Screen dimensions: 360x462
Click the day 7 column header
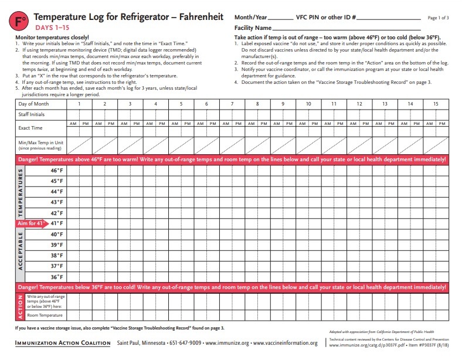pyautogui.click(x=232, y=104)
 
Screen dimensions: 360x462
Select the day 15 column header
pyautogui.click(x=435, y=104)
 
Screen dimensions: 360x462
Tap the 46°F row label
pyautogui.click(x=57, y=170)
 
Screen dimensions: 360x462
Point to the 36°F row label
pyautogui.click(x=57, y=277)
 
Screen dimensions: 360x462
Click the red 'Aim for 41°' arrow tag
pyautogui.click(x=31, y=223)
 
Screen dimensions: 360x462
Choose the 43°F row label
pyautogui.click(x=57, y=202)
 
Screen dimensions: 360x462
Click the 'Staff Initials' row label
pyautogui.click(x=31, y=114)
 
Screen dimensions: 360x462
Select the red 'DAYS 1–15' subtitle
pyautogui.click(x=51, y=28)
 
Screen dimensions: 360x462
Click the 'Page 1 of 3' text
pyautogui.click(x=439, y=18)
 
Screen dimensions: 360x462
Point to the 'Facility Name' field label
pyautogui.click(x=253, y=28)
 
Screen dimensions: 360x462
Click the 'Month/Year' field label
pyautogui.click(x=250, y=17)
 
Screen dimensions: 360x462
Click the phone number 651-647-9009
pyautogui.click(x=185, y=343)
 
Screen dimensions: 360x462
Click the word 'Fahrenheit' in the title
pyautogui.click(x=192, y=17)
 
